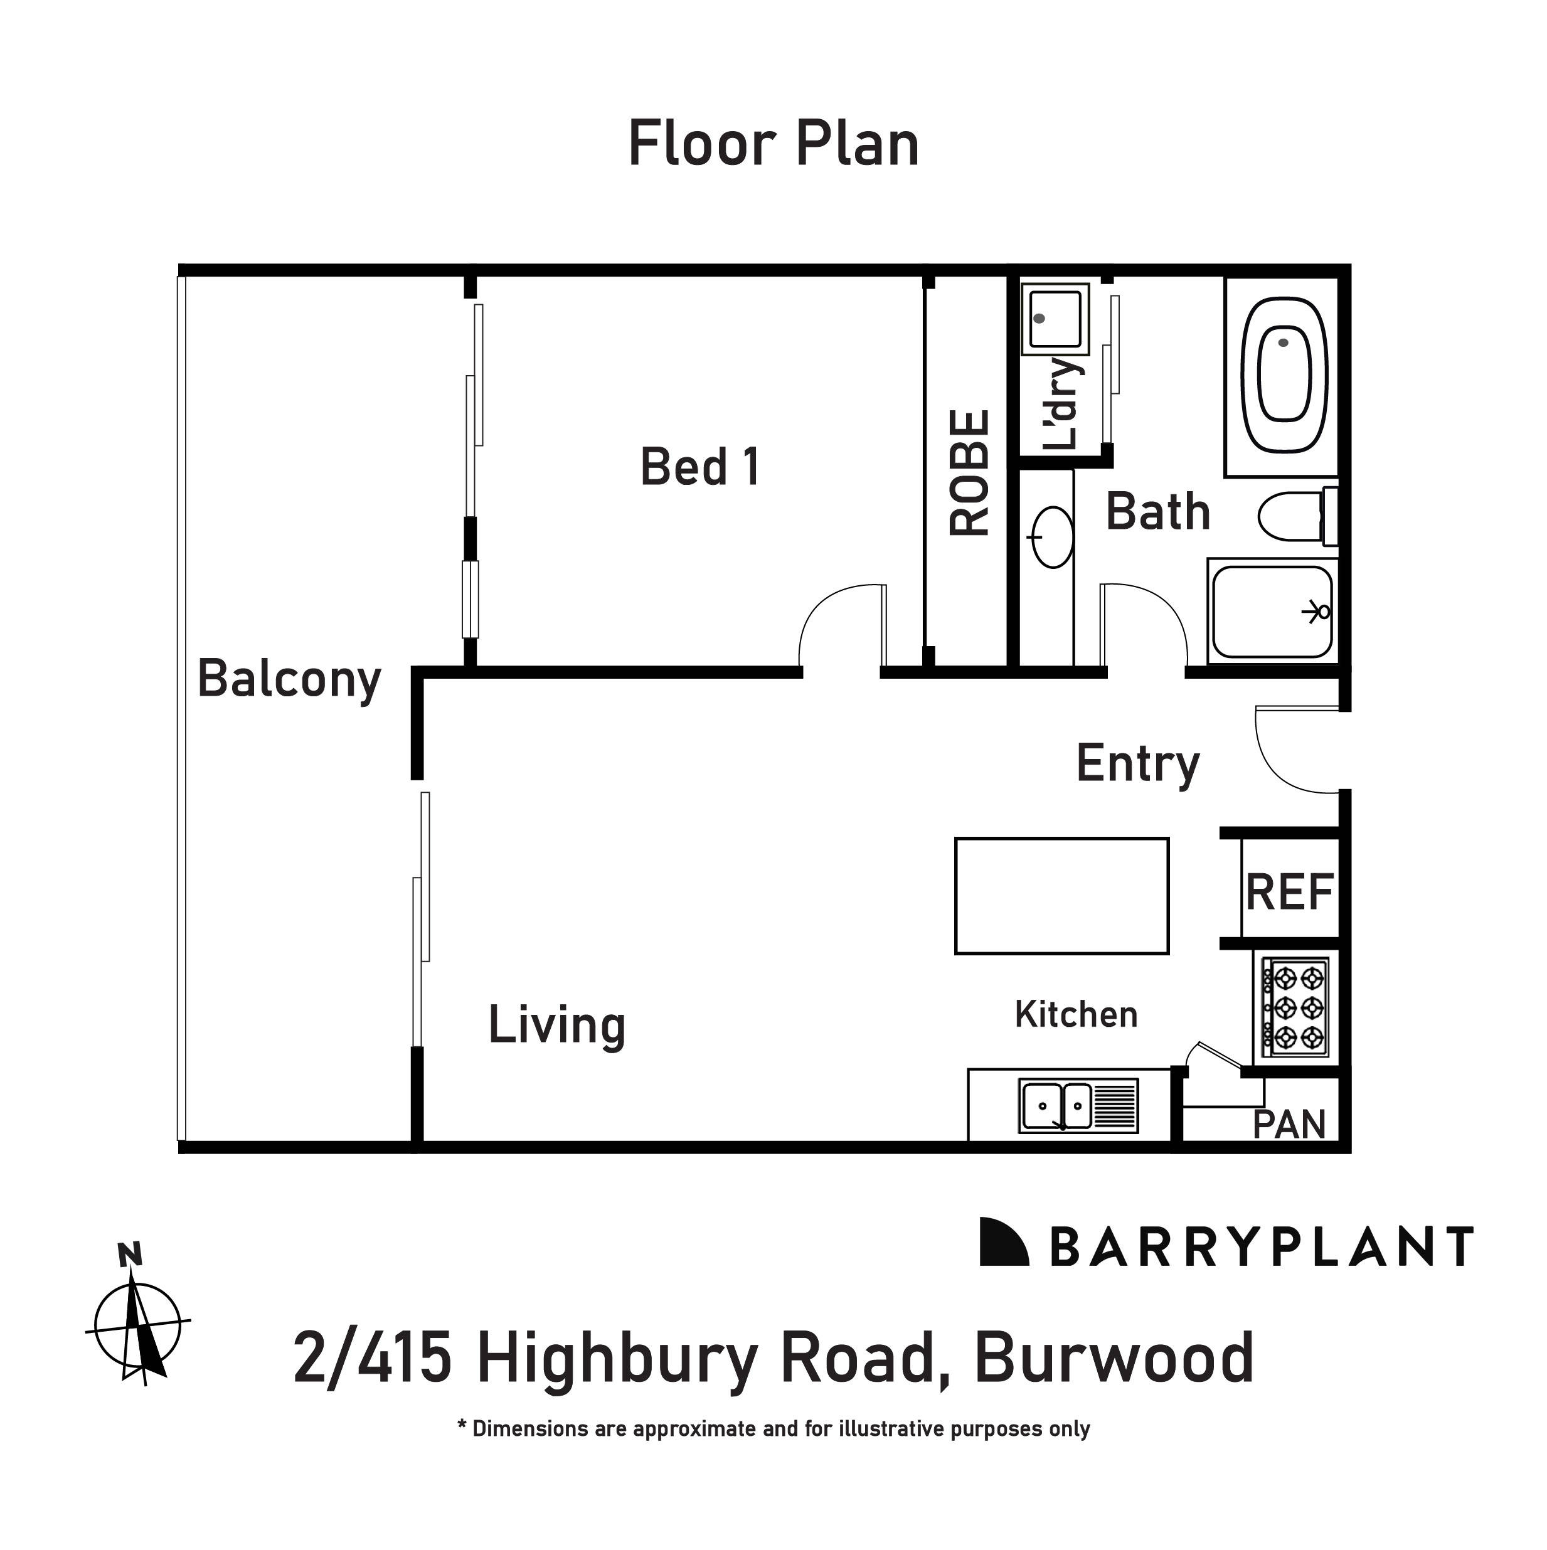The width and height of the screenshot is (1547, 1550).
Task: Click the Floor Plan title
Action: tap(773, 144)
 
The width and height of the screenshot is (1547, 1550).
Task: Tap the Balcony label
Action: tap(289, 679)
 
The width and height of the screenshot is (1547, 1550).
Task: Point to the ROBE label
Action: tap(969, 474)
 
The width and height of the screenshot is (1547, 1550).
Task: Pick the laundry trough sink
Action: tap(1055, 319)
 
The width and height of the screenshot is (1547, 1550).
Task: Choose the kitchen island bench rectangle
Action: tap(1061, 896)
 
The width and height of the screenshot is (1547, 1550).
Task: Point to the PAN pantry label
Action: tap(1289, 1125)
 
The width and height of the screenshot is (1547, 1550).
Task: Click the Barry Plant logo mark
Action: tap(1004, 1243)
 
